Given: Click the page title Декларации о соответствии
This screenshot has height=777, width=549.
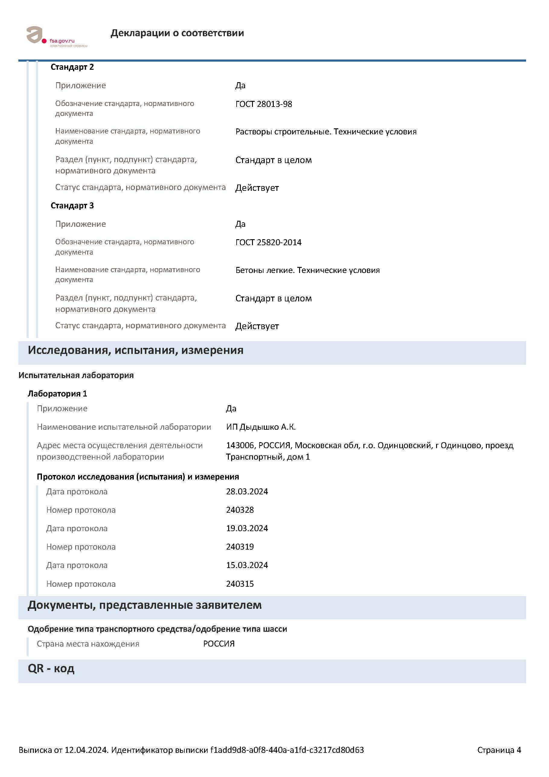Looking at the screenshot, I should coord(177,33).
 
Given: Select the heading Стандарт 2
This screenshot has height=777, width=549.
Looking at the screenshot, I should coord(72,67).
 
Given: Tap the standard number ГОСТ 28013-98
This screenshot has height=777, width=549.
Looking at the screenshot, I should coord(263,104).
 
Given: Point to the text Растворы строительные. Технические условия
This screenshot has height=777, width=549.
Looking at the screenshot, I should coord(326,132).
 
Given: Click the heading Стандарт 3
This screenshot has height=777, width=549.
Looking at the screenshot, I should coord(72,205).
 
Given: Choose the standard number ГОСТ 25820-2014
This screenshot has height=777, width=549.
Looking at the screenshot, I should coord(268,242).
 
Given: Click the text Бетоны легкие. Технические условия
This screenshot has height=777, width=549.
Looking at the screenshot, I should coord(308,270).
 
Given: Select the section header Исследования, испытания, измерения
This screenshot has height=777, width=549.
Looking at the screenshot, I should coord(135,350).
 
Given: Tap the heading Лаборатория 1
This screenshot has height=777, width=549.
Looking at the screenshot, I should coord(57,393).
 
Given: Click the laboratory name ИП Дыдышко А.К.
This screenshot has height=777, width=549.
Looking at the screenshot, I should coord(261,427).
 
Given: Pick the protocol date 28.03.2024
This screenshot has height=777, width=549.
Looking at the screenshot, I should coord(247,491).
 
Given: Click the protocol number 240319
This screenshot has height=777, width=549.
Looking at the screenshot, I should coord(240,547).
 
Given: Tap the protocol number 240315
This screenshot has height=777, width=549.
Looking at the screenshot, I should coord(240,584).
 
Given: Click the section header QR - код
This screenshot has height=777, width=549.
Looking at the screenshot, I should coord(51,668).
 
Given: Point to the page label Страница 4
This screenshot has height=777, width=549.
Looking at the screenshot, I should coord(499,750).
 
